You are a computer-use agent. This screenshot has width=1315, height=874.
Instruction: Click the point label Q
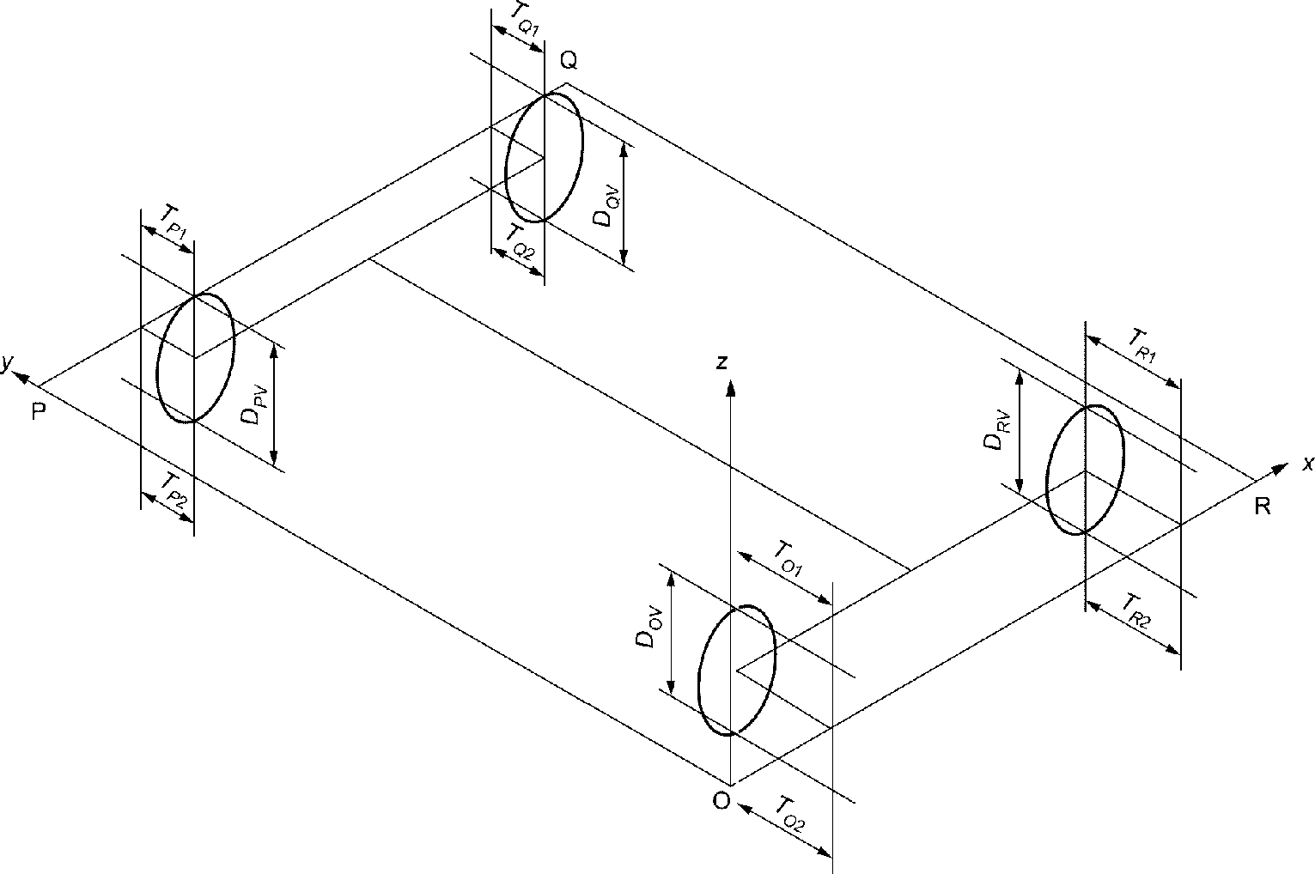pos(569,60)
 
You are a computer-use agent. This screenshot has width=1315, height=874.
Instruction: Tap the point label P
pos(39,412)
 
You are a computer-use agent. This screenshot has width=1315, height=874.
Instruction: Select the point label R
pos(1263,506)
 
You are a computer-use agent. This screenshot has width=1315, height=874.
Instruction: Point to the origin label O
pos(721,801)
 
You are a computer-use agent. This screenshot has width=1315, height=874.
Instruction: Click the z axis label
pos(722,362)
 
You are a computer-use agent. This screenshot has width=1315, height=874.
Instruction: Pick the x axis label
pos(1308,464)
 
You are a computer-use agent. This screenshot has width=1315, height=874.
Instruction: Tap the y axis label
pos(6,363)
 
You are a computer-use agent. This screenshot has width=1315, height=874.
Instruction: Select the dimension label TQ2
pos(520,242)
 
